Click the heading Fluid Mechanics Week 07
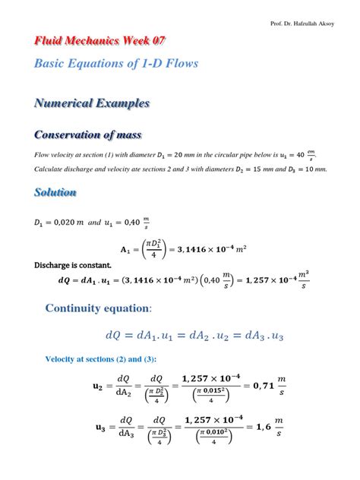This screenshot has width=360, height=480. (x=100, y=40)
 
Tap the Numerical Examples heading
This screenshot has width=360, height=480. (x=92, y=103)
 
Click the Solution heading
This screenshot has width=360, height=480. (x=55, y=193)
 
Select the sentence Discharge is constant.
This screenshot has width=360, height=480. (x=73, y=265)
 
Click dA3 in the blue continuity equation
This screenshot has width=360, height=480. (x=227, y=335)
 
